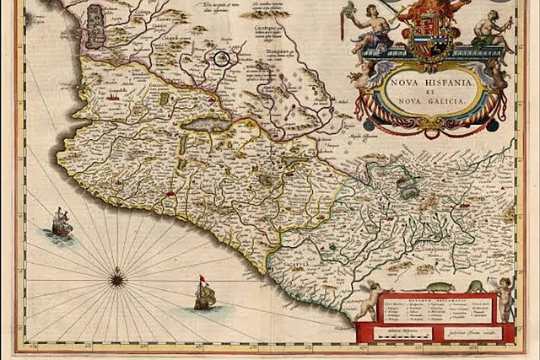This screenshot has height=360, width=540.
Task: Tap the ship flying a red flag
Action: click(204, 294)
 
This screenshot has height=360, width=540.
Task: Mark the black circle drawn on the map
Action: click(221, 58)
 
